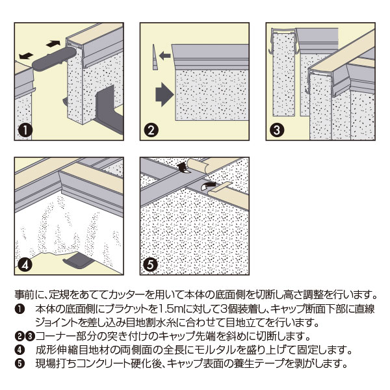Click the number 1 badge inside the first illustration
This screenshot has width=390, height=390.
coord(25,130)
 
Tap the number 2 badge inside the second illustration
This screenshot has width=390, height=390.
coord(151,130)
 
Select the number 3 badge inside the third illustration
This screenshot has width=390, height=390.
coord(276,130)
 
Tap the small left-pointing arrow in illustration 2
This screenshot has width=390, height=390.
coord(164,57)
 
